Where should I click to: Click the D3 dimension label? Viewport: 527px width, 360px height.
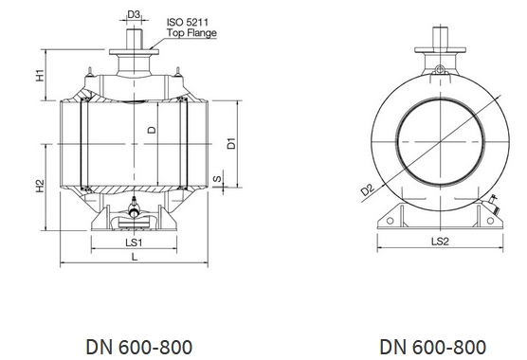point(134,15)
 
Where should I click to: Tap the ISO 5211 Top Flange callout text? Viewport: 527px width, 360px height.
point(191,27)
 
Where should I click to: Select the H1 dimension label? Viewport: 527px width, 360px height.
point(41,75)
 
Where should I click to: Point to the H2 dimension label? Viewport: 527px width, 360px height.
point(41,187)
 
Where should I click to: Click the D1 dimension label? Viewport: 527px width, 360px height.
point(231,143)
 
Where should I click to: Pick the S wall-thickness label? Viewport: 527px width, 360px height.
point(218,178)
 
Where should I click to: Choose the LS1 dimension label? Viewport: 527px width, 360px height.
point(134,243)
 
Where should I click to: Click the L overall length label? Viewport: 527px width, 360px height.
point(135,258)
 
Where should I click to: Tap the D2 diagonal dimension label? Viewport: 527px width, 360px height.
point(368,189)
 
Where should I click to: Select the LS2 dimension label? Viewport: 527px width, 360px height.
point(440,242)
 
